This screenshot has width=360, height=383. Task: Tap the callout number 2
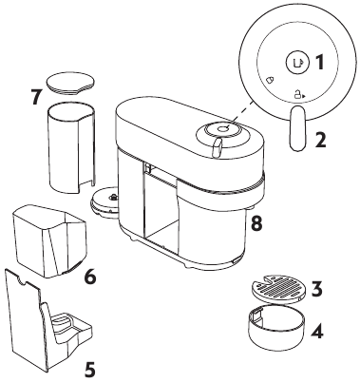point(320,141)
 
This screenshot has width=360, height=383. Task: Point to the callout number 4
point(320,333)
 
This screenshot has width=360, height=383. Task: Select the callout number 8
point(256,223)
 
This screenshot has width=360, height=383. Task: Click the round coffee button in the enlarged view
point(296,63)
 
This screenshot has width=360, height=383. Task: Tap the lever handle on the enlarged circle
point(296,127)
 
